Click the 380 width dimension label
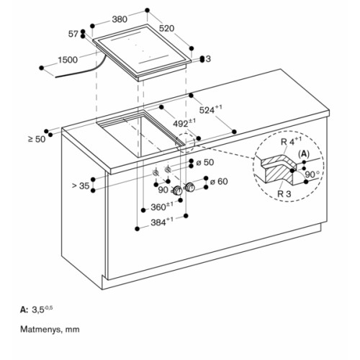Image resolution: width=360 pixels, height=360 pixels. pos(120,19)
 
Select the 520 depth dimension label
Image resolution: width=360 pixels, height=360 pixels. pos(166,28)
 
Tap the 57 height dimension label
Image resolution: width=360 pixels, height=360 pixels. pos(73,34)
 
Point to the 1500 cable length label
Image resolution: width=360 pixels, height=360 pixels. pos(68,60)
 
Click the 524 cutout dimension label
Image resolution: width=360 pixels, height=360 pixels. pos(210,109)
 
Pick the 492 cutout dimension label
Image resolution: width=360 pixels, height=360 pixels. pos(184,123)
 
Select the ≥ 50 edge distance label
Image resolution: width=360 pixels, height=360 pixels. pos(37,139)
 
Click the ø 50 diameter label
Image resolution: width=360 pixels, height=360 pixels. pos(205,163)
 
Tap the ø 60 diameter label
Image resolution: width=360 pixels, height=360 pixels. pos(219,181)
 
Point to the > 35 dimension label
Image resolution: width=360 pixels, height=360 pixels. pos(81,186)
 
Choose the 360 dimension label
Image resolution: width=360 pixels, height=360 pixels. pos(162,207)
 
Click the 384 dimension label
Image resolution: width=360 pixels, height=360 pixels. pos(162,222)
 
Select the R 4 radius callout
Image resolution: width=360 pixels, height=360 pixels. pos(291,141)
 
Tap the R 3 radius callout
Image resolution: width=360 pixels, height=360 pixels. pos(284,194)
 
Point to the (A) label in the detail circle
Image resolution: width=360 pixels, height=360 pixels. pos(304,154)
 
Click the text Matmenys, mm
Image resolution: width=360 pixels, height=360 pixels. pos(50,329)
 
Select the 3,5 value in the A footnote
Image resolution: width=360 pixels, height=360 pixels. pos(38,310)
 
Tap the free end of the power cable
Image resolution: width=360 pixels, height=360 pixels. pos(55,77)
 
